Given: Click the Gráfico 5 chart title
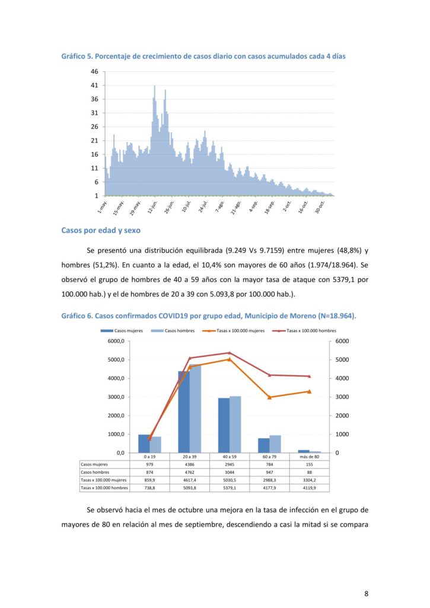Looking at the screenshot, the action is click(203, 56).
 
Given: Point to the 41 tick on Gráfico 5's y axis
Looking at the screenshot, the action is click(94, 85).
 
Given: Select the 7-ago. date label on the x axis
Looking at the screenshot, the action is click(219, 206).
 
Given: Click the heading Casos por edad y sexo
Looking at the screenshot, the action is click(101, 230).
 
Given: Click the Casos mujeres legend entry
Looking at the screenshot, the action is click(122, 331).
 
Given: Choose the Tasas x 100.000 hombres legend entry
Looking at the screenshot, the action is click(304, 331).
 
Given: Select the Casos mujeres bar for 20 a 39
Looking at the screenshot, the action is click(184, 412).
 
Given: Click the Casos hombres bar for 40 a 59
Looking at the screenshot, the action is click(235, 424).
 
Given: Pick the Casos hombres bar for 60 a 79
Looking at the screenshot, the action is click(275, 444).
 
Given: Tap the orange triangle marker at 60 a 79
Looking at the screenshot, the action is click(270, 397).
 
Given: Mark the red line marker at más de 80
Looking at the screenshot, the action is click(309, 376).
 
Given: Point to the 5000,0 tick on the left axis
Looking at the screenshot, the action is click(116, 360).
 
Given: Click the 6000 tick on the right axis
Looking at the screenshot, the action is click(342, 341).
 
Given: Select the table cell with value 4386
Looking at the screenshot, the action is click(189, 464).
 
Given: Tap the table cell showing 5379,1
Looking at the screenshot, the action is click(230, 488).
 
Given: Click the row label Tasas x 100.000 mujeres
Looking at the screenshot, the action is click(104, 480).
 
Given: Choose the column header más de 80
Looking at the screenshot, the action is click(309, 457).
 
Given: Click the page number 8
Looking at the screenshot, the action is click(366, 593).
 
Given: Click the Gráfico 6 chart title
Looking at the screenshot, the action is click(209, 316).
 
